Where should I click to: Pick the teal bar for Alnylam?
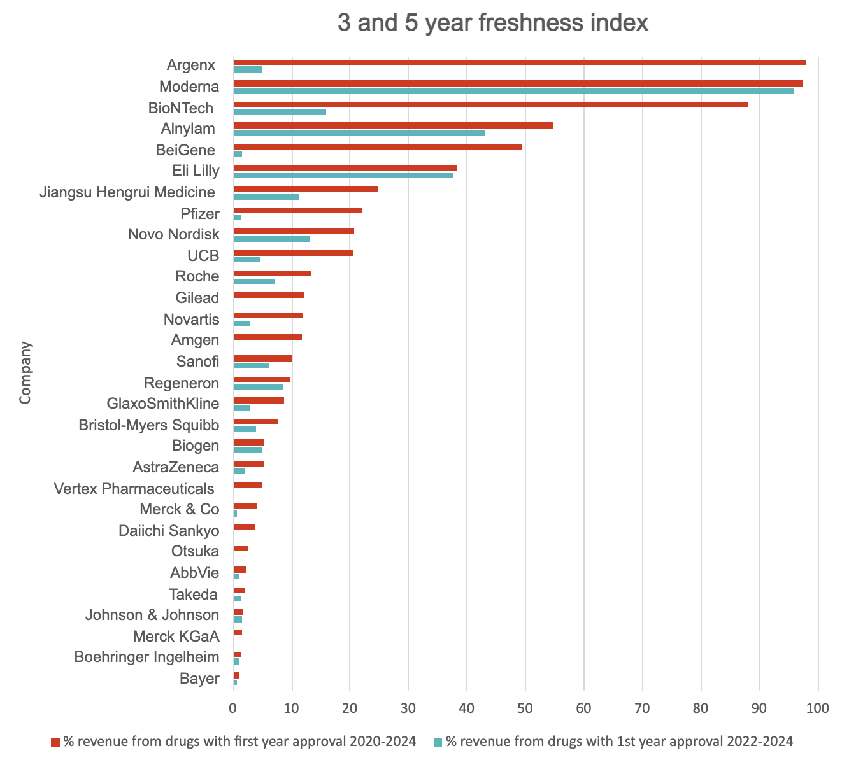point(359,133)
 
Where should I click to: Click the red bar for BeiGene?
point(378,146)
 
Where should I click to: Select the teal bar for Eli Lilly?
point(343,176)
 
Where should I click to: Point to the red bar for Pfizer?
point(297,210)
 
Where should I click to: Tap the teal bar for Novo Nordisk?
point(271,239)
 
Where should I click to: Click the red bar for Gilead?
point(269,295)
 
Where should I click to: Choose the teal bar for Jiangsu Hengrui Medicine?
point(266,197)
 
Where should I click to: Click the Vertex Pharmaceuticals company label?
point(134,489)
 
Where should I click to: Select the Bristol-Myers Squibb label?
point(148,425)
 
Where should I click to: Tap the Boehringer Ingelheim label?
point(146,657)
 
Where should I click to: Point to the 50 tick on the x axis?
point(525,707)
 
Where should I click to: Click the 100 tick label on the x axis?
point(817,707)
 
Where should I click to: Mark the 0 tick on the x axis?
point(233,707)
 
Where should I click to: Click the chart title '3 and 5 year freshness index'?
point(492,23)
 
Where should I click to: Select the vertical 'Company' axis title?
point(25,373)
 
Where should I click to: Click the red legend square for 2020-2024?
point(55,742)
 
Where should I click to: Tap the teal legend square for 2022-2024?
point(438,742)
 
